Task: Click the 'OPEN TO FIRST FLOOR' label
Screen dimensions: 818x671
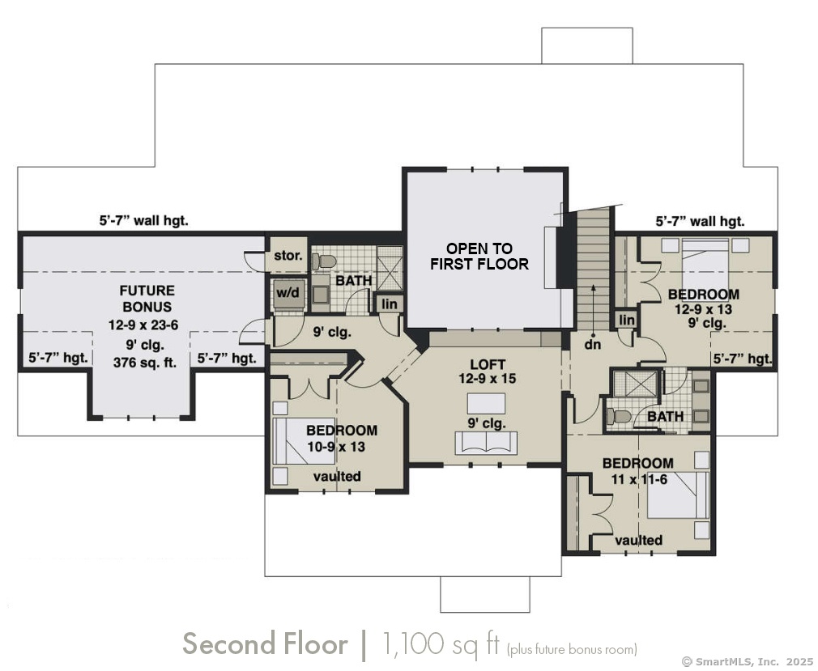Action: pos(479,256)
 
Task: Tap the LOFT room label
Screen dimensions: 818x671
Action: pos(488,364)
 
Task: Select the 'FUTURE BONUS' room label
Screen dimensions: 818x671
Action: pos(147,298)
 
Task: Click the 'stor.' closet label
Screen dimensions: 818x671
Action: pos(288,256)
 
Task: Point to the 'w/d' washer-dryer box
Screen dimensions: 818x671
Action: pos(288,293)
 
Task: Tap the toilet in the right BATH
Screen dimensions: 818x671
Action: pos(619,417)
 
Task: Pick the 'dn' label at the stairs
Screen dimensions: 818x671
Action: pos(593,344)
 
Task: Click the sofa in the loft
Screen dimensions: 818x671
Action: pos(486,444)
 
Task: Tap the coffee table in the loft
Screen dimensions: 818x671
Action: pos(486,404)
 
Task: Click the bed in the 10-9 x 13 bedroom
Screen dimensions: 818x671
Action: pos(304,441)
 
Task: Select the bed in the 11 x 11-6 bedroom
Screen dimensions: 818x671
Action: pos(678,495)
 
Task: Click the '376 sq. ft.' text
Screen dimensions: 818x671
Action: pos(144,362)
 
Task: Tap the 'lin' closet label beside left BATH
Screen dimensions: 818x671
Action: pos(390,304)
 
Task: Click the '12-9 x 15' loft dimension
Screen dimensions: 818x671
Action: pos(488,379)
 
